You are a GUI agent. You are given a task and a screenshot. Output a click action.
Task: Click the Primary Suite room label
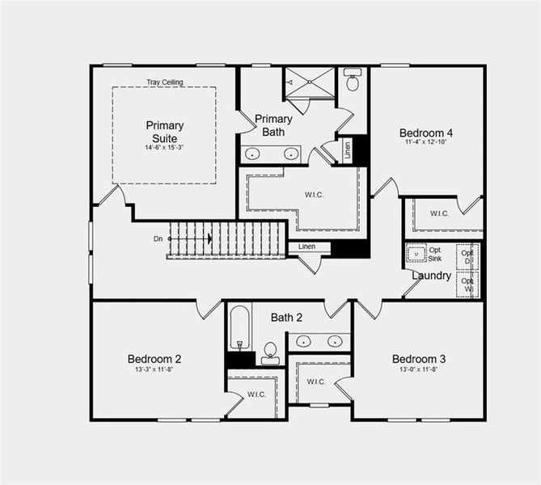tap(164, 131)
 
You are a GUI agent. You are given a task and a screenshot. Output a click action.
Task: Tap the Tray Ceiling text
tap(164, 82)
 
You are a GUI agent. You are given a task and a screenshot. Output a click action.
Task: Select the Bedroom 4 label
tap(425, 133)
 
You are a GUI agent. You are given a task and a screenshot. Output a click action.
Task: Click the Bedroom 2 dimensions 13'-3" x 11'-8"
tap(154, 369)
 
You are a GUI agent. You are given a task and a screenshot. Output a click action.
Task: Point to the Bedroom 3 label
tap(418, 359)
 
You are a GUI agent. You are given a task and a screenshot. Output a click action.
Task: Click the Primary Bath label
tap(273, 125)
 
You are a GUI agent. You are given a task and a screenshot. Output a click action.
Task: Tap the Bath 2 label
tap(286, 317)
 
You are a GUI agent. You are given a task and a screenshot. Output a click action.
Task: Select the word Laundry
tap(431, 276)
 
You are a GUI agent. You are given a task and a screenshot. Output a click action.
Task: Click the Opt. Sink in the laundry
tap(416, 254)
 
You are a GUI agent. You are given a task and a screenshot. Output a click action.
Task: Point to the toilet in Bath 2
tap(270, 352)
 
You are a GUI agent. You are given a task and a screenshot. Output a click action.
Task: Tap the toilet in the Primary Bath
tap(353, 82)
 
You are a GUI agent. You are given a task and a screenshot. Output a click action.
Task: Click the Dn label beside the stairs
tap(158, 238)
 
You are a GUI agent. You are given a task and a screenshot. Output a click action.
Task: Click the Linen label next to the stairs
tap(306, 247)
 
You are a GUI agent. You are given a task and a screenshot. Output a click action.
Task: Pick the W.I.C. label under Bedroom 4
tap(439, 213)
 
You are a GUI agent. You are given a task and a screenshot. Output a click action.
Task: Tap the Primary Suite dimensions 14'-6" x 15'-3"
tap(164, 147)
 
